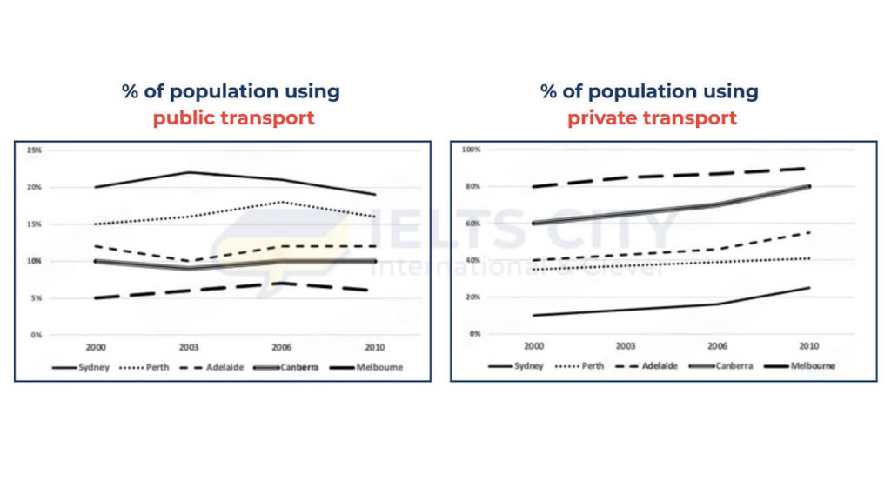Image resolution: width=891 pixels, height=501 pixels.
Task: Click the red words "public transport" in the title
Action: [233, 117]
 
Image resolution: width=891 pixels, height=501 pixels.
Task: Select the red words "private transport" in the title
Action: [652, 117]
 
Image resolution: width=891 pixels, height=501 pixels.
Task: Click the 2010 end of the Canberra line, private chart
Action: [810, 186]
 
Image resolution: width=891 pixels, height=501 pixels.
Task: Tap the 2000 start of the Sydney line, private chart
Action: [533, 315]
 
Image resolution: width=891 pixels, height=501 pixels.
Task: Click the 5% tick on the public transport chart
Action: [34, 297]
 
